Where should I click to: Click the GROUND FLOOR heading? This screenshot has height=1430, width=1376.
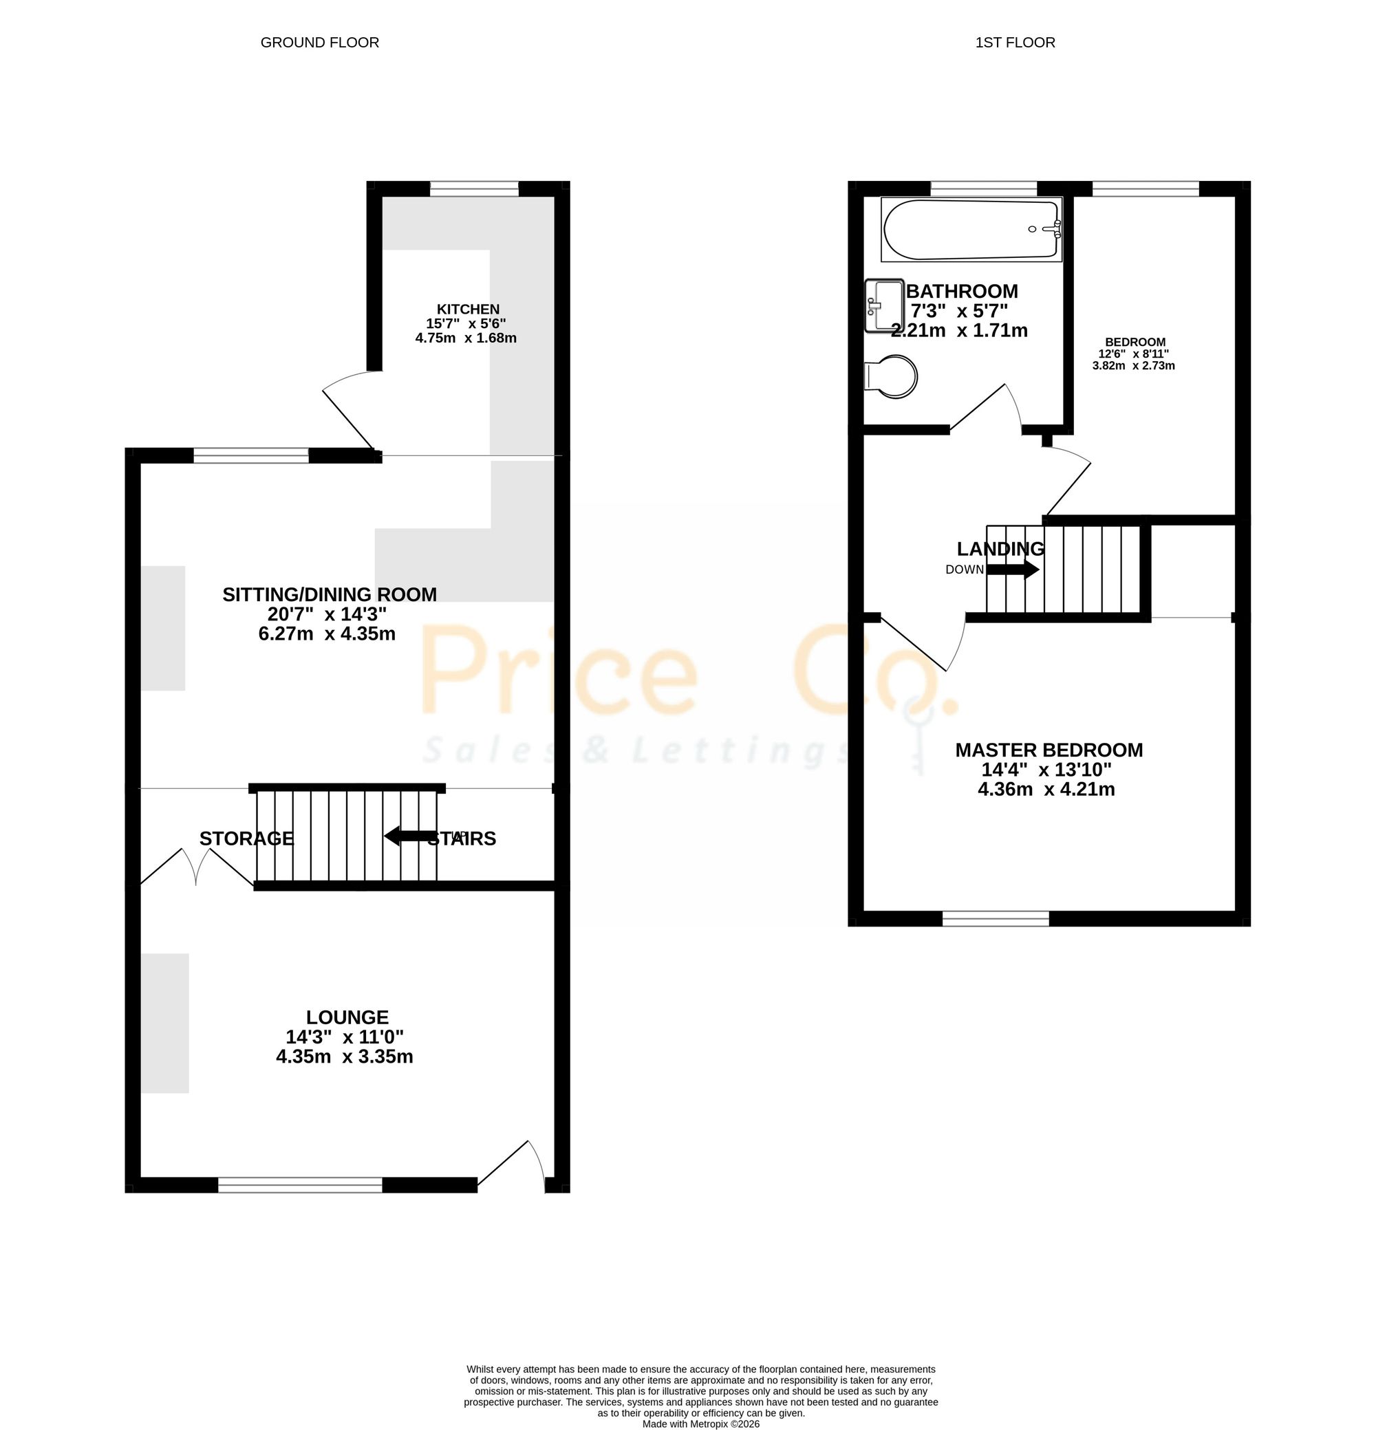319,43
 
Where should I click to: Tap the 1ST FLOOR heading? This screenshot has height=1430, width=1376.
1015,43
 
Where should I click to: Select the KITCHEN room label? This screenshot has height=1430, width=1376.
468,310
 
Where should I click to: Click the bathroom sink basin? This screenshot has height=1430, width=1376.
883,305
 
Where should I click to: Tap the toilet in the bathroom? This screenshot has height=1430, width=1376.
890,377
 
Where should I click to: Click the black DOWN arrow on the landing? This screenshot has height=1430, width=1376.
1013,569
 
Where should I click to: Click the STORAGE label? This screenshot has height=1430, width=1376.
246,839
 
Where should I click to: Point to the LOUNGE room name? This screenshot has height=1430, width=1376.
347,1017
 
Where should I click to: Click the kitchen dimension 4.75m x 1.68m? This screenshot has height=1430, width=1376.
466,338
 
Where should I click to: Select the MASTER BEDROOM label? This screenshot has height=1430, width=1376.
1049,750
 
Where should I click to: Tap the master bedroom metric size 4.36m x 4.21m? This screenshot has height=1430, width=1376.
1046,789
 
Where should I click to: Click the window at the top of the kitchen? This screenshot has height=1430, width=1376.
474,189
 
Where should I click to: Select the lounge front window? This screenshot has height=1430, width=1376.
300,1186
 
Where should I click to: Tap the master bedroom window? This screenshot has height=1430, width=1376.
996,919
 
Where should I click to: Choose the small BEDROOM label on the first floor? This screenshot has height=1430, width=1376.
1135,341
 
